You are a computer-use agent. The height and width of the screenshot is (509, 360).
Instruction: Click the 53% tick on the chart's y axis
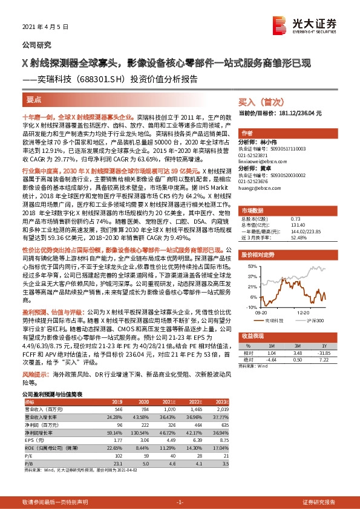click(x=249, y=265)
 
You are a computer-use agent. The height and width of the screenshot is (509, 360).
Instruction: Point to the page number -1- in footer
click(x=179, y=502)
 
